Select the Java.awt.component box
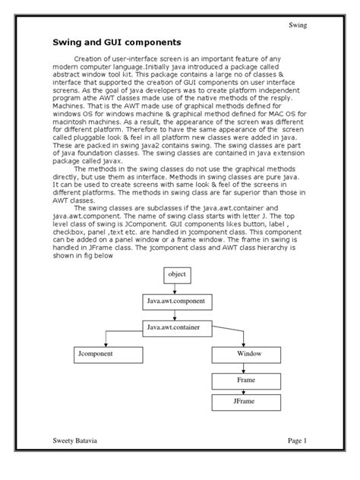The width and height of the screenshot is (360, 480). (x=179, y=302)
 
